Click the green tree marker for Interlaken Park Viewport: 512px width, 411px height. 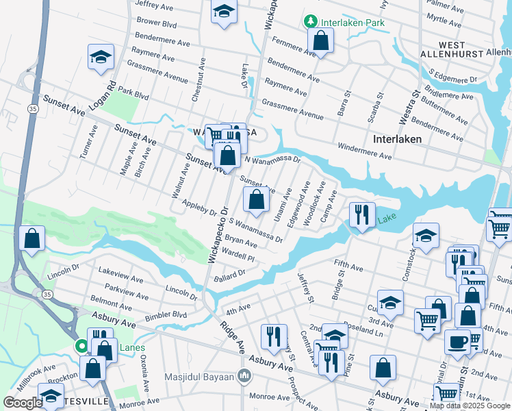311,22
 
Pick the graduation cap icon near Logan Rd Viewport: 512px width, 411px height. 101,58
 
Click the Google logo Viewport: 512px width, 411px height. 23,403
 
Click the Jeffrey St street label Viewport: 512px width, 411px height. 305,288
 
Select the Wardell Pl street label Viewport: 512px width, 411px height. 238,257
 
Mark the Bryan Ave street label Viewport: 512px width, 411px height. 241,242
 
